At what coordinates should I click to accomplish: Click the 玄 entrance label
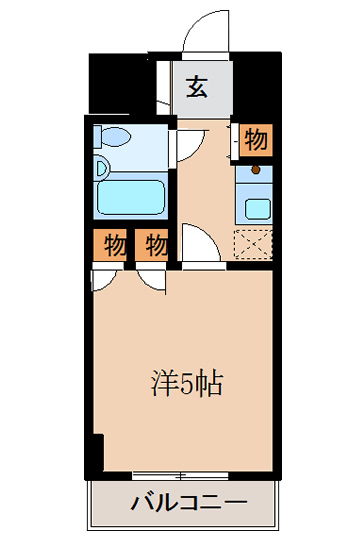click(197, 87)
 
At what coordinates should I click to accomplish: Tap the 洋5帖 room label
click(187, 384)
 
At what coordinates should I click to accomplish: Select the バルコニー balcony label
click(189, 503)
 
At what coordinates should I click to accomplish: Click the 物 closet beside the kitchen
click(256, 140)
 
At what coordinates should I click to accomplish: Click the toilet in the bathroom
click(114, 136)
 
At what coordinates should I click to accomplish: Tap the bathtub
click(130, 198)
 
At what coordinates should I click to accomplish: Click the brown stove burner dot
click(256, 169)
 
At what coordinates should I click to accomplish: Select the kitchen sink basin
click(258, 209)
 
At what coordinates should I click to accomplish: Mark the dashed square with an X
click(253, 245)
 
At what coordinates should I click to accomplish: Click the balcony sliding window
click(180, 476)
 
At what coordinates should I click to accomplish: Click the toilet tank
click(98, 136)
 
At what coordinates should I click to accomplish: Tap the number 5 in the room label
click(187, 384)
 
